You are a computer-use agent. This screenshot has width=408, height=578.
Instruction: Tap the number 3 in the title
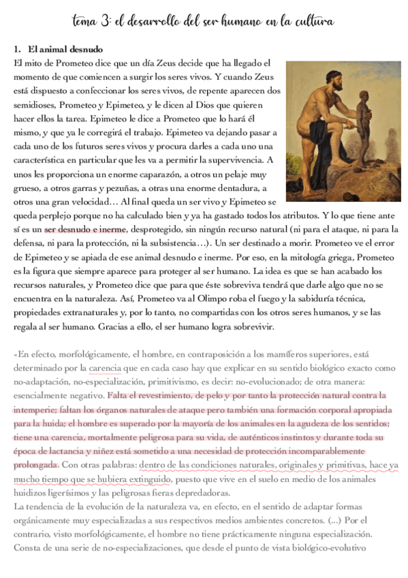click(x=104, y=22)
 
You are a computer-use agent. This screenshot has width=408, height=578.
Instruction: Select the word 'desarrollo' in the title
click(x=152, y=22)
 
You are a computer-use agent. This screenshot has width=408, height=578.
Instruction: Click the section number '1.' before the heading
click(x=18, y=50)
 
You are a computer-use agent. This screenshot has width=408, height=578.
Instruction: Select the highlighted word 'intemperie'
click(x=37, y=410)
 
